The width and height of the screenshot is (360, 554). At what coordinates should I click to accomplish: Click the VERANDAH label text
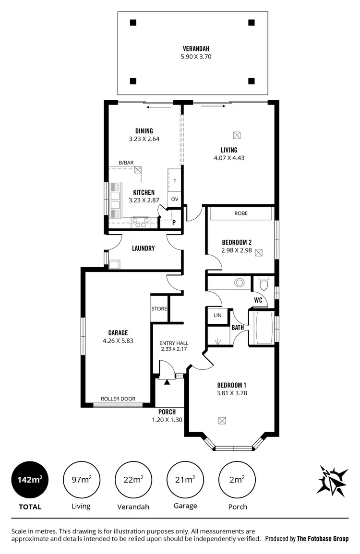pos(196,48)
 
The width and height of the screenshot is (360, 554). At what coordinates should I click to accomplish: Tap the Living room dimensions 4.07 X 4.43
pos(229,157)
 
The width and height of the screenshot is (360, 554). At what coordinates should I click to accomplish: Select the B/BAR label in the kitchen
pos(126,163)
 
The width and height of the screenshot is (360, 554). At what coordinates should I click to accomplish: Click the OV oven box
pos(174,199)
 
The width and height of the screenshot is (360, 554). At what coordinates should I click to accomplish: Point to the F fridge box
pos(174,181)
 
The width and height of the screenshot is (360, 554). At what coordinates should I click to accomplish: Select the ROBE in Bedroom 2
pos(241,213)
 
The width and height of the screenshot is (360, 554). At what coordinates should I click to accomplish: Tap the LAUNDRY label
pos(143,248)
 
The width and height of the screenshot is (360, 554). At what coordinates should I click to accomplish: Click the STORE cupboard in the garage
pos(159,308)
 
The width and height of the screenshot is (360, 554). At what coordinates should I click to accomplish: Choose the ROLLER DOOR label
pos(118,399)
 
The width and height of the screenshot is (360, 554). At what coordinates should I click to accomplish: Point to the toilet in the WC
pos(263,285)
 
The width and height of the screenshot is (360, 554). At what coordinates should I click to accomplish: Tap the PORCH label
pos(167,412)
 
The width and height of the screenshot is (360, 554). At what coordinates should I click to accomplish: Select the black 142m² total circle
pos(30,479)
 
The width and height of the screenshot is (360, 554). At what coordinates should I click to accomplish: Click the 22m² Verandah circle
pos(133,479)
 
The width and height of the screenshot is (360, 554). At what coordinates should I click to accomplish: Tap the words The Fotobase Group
pos(323,539)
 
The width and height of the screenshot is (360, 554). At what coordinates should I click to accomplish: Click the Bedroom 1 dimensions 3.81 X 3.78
pos(232,393)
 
